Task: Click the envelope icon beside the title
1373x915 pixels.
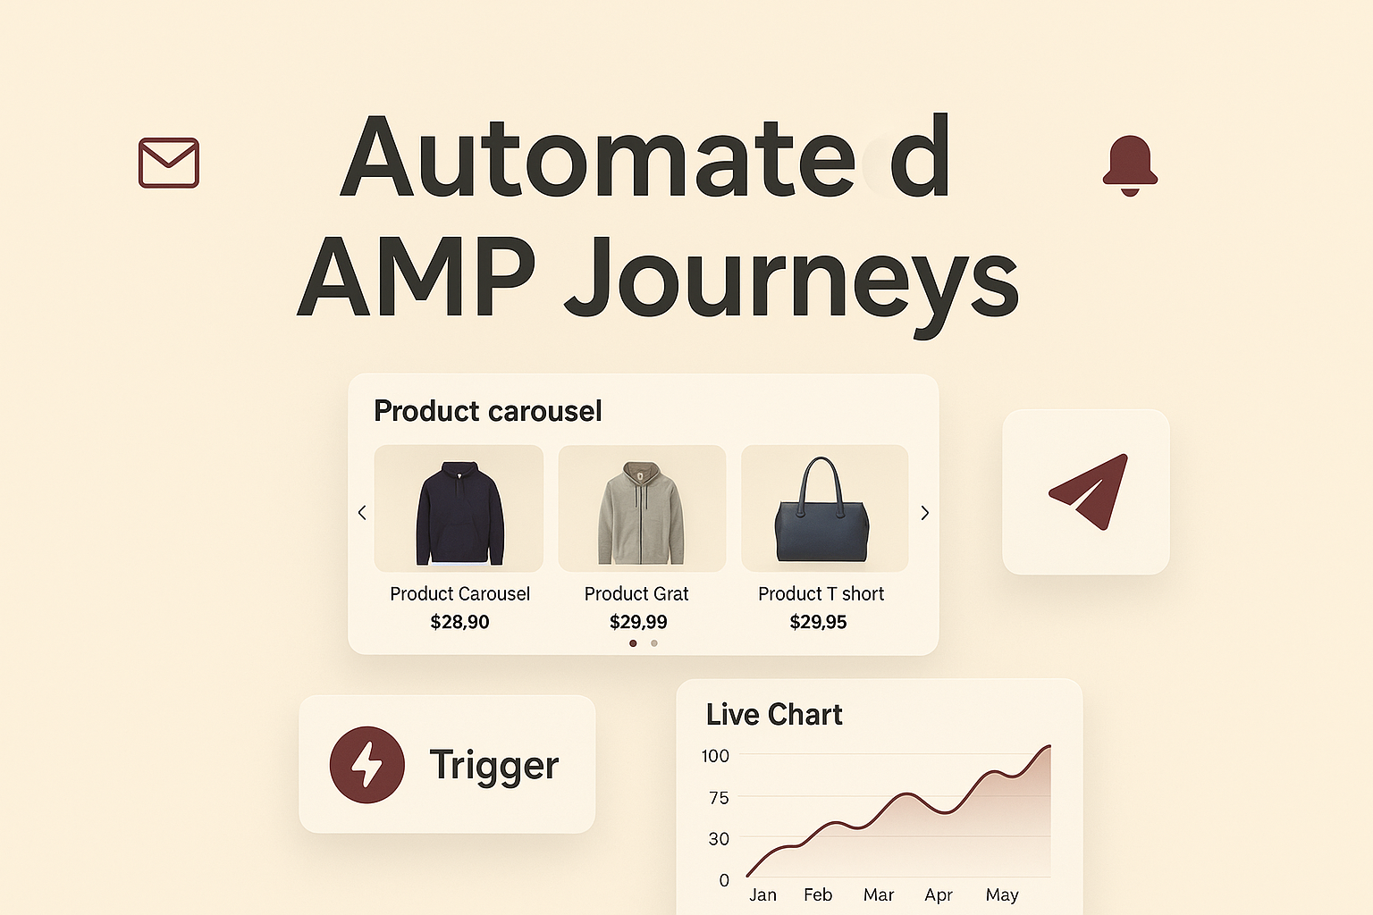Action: tap(169, 163)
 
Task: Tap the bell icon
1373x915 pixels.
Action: tap(1130, 165)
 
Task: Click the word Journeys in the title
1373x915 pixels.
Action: tap(792, 279)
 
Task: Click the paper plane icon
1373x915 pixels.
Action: tap(1088, 491)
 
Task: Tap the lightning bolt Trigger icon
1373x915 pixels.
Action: tap(367, 765)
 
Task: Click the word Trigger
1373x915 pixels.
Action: tap(494, 766)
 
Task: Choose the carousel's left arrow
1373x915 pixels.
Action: tap(362, 513)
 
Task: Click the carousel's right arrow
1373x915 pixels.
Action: tap(925, 513)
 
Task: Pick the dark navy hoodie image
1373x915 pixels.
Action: tap(459, 511)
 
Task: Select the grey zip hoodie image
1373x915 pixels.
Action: tap(642, 511)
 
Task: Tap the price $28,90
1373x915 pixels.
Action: tap(459, 622)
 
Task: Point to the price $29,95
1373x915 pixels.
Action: tap(818, 622)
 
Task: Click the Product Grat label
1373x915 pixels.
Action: tap(636, 594)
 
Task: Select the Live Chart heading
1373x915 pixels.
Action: tap(774, 715)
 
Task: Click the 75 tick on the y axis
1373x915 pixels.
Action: tap(719, 798)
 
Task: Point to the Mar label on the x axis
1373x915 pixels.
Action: tap(879, 894)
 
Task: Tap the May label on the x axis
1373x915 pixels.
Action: tap(1002, 894)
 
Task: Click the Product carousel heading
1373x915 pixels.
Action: tap(488, 411)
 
